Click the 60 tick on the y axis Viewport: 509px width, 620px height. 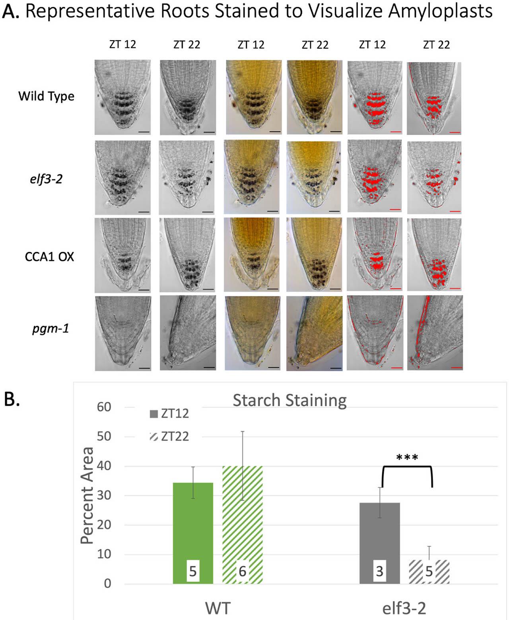(x=104, y=407)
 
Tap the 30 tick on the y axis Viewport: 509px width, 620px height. (x=104, y=495)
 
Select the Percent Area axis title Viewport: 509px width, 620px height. (x=87, y=495)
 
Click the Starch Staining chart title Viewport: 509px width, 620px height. (x=289, y=400)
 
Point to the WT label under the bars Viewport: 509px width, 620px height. (x=218, y=608)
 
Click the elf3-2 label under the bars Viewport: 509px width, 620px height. (x=404, y=608)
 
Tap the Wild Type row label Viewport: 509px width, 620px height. (x=46, y=96)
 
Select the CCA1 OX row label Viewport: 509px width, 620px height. (x=49, y=256)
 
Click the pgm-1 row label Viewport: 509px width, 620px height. (x=51, y=329)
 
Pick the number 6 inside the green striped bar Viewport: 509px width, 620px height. (x=242, y=571)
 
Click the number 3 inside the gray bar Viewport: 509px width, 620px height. (x=379, y=571)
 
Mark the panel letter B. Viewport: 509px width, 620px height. (x=12, y=399)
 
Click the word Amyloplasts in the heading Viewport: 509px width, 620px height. (x=440, y=11)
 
